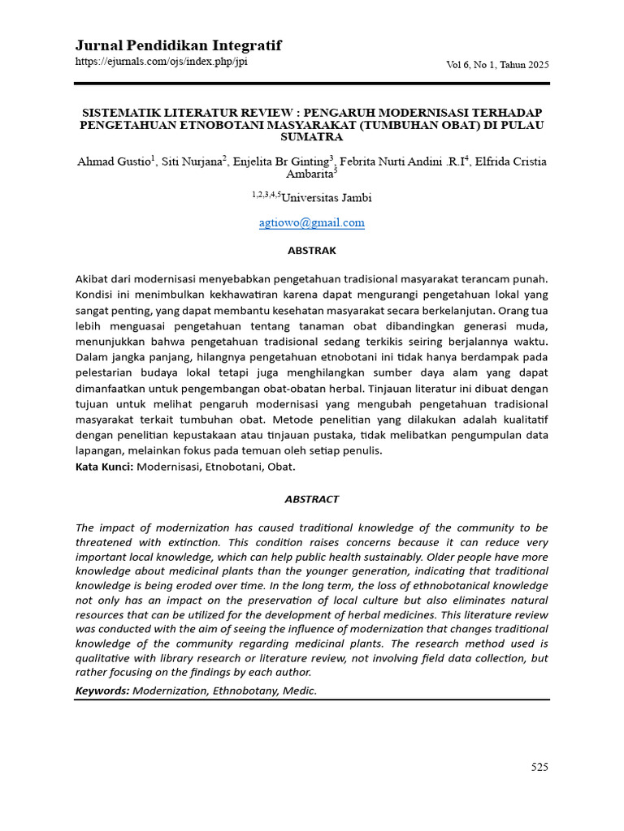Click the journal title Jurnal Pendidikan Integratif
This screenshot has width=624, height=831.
pyautogui.click(x=178, y=45)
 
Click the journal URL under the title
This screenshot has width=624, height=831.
pyautogui.click(x=161, y=62)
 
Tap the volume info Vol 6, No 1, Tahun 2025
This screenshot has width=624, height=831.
pyautogui.click(x=498, y=65)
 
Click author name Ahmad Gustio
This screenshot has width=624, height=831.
pyautogui.click(x=113, y=161)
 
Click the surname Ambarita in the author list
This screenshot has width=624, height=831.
pyautogui.click(x=309, y=174)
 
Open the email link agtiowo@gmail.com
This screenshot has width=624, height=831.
pyautogui.click(x=311, y=223)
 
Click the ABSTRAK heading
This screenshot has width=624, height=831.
pyautogui.click(x=311, y=251)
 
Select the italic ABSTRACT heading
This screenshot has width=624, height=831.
pyautogui.click(x=311, y=499)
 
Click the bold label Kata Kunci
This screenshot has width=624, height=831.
pyautogui.click(x=104, y=467)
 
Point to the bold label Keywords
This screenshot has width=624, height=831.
pyautogui.click(x=102, y=691)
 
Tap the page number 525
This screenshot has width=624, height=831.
pyautogui.click(x=539, y=767)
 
